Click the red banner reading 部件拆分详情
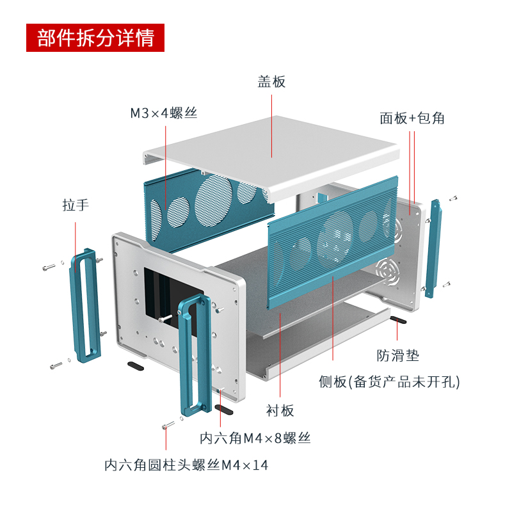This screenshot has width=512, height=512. [x=95, y=38]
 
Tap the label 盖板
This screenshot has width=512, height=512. [x=271, y=82]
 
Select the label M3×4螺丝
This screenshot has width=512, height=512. [x=164, y=113]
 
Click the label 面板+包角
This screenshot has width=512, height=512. [x=412, y=118]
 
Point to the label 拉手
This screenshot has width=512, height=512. [x=76, y=205]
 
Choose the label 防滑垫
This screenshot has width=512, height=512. [x=397, y=355]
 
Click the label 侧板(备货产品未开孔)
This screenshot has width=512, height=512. [x=389, y=382]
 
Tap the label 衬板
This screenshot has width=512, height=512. [x=280, y=410]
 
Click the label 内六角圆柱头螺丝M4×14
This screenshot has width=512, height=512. [x=186, y=465]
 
